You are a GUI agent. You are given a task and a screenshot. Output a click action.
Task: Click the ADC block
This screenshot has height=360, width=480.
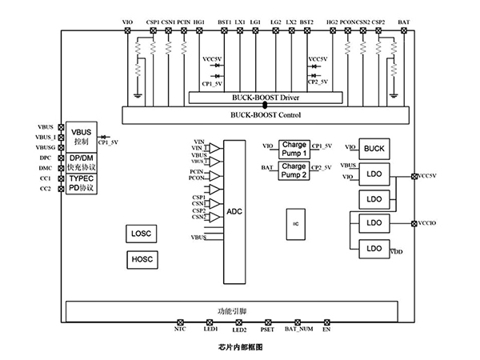(234, 211)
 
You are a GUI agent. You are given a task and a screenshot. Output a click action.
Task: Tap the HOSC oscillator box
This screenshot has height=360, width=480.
(141, 260)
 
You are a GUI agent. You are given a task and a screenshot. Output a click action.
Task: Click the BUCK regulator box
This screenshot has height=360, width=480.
(374, 148)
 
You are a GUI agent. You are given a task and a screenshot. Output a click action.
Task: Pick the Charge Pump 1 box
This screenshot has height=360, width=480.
(294, 149)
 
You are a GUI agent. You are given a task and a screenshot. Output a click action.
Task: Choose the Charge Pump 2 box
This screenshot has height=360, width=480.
(294, 170)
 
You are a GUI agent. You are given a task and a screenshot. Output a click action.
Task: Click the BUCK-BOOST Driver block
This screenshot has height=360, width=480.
(264, 97)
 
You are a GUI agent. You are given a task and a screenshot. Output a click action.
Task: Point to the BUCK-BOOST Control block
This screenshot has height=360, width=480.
(264, 115)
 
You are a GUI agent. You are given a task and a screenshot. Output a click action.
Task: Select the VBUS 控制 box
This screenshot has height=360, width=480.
(82, 136)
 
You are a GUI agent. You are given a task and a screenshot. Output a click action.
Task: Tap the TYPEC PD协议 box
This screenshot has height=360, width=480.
(82, 182)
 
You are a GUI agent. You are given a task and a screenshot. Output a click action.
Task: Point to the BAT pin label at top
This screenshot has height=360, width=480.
(404, 22)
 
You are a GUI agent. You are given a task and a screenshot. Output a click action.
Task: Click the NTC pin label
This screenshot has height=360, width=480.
(179, 330)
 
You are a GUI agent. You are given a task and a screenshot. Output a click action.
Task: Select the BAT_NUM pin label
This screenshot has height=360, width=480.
(298, 330)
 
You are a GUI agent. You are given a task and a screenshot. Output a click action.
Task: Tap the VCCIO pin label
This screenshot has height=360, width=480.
(426, 223)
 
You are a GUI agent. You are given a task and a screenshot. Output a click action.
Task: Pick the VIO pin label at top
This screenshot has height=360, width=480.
(128, 22)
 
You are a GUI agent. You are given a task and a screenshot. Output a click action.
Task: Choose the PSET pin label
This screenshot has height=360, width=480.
(268, 330)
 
